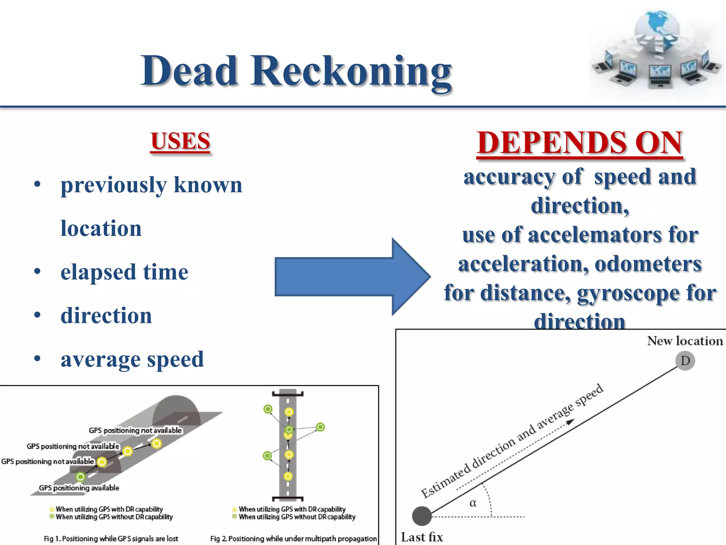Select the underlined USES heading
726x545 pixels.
click(x=180, y=141)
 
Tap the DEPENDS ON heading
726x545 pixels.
click(x=580, y=143)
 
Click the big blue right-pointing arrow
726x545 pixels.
click(x=351, y=277)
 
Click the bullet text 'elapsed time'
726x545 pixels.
click(x=124, y=272)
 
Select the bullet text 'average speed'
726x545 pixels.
click(x=132, y=359)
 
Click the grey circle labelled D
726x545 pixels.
click(x=685, y=361)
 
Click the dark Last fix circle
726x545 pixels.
click(x=422, y=516)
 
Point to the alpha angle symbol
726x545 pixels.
click(x=473, y=503)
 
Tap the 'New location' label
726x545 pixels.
click(x=685, y=341)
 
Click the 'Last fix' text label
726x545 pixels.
click(x=422, y=537)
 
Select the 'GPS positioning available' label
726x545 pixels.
click(x=79, y=488)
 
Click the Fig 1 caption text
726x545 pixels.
click(x=111, y=539)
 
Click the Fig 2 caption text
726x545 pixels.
click(x=293, y=539)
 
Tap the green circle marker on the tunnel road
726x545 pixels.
click(x=80, y=477)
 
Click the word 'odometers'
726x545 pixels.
click(x=648, y=264)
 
